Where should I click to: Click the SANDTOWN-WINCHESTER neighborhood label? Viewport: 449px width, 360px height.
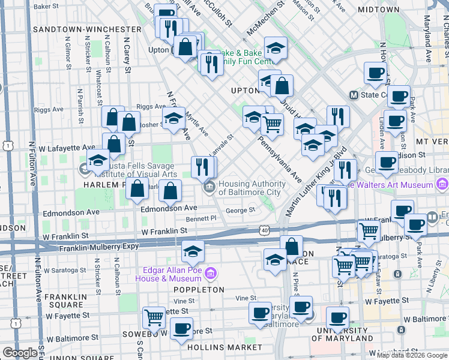tap(87, 29)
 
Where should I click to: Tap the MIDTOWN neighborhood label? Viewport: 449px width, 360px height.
tap(378, 10)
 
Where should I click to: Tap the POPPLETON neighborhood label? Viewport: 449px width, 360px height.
tap(199, 289)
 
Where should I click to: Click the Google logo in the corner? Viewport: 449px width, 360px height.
tap(20, 353)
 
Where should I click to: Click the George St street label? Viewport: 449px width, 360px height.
tap(240, 211)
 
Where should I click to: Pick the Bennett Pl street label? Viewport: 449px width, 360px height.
tap(201, 220)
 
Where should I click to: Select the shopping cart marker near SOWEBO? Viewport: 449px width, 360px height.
tap(154, 317)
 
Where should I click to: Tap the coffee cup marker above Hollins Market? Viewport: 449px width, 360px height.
tap(181, 328)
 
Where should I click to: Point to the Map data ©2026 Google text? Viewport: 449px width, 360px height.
tap(411, 355)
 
